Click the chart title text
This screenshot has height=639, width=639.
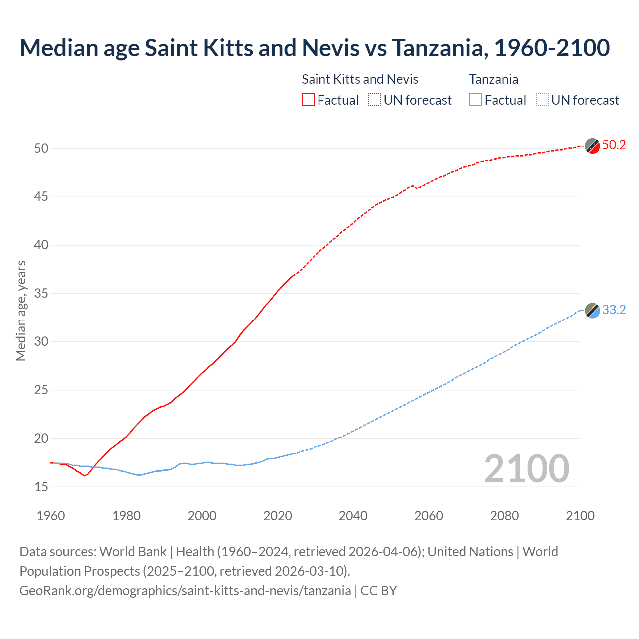(x=315, y=48)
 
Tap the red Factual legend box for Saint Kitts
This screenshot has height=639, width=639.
(x=308, y=100)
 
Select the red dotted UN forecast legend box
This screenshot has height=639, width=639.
(x=374, y=100)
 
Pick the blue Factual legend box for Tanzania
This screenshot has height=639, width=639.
(x=476, y=100)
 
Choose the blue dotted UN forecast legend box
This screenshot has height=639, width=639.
(x=542, y=100)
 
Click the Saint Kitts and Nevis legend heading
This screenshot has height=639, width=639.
(x=360, y=79)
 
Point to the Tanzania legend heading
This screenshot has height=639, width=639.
(x=493, y=79)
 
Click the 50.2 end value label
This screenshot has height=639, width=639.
(x=614, y=145)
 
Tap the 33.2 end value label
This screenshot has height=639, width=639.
(x=614, y=310)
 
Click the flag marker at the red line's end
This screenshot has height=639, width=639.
(x=592, y=146)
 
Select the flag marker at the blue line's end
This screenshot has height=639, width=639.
(x=592, y=311)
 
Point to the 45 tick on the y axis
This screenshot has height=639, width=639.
(x=41, y=197)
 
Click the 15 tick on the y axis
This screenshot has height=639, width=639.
(x=41, y=487)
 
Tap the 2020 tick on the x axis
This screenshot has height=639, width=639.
(x=278, y=516)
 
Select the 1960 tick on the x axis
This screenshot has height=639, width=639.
(x=51, y=516)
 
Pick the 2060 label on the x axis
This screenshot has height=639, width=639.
(x=429, y=516)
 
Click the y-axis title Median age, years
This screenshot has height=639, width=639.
(x=21, y=311)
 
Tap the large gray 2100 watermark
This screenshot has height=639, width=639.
(x=526, y=468)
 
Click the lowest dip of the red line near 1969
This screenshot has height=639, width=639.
(x=84, y=475)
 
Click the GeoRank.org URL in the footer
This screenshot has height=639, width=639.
(x=185, y=591)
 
